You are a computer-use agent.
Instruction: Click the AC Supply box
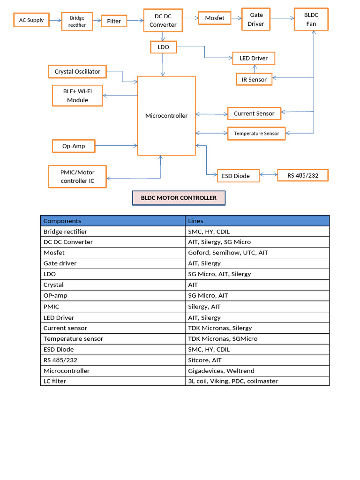click(31, 20)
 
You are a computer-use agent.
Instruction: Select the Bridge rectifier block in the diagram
click(77, 21)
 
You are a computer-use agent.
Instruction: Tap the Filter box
click(114, 21)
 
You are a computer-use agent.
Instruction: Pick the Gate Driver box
click(256, 19)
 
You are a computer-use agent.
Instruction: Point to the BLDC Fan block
click(311, 19)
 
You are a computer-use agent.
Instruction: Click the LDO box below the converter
click(163, 47)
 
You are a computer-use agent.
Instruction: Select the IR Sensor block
click(254, 80)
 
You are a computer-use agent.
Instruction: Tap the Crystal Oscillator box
click(77, 72)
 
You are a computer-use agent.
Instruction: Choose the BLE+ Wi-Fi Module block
click(77, 96)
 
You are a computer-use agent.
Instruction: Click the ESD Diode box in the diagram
click(238, 176)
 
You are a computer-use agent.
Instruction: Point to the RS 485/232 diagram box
click(303, 175)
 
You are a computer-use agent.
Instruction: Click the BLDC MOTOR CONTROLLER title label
click(179, 198)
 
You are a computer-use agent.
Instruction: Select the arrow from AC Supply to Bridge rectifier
click(55, 20)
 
